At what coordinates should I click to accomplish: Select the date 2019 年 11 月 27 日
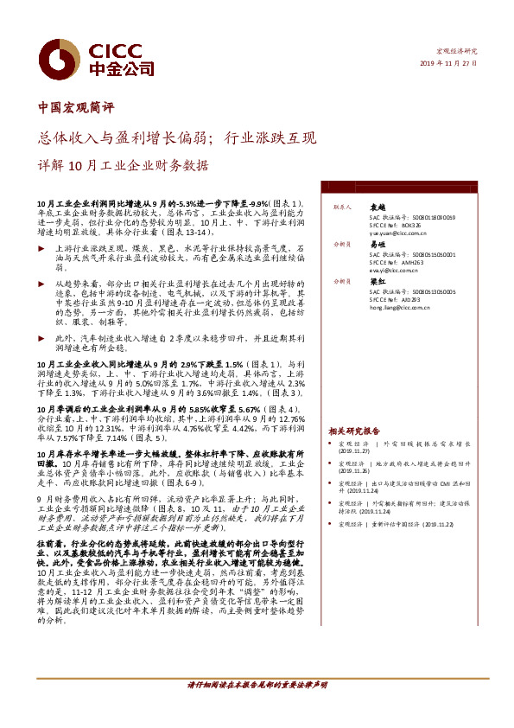[448, 63]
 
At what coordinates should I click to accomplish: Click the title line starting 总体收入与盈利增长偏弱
[179, 137]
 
